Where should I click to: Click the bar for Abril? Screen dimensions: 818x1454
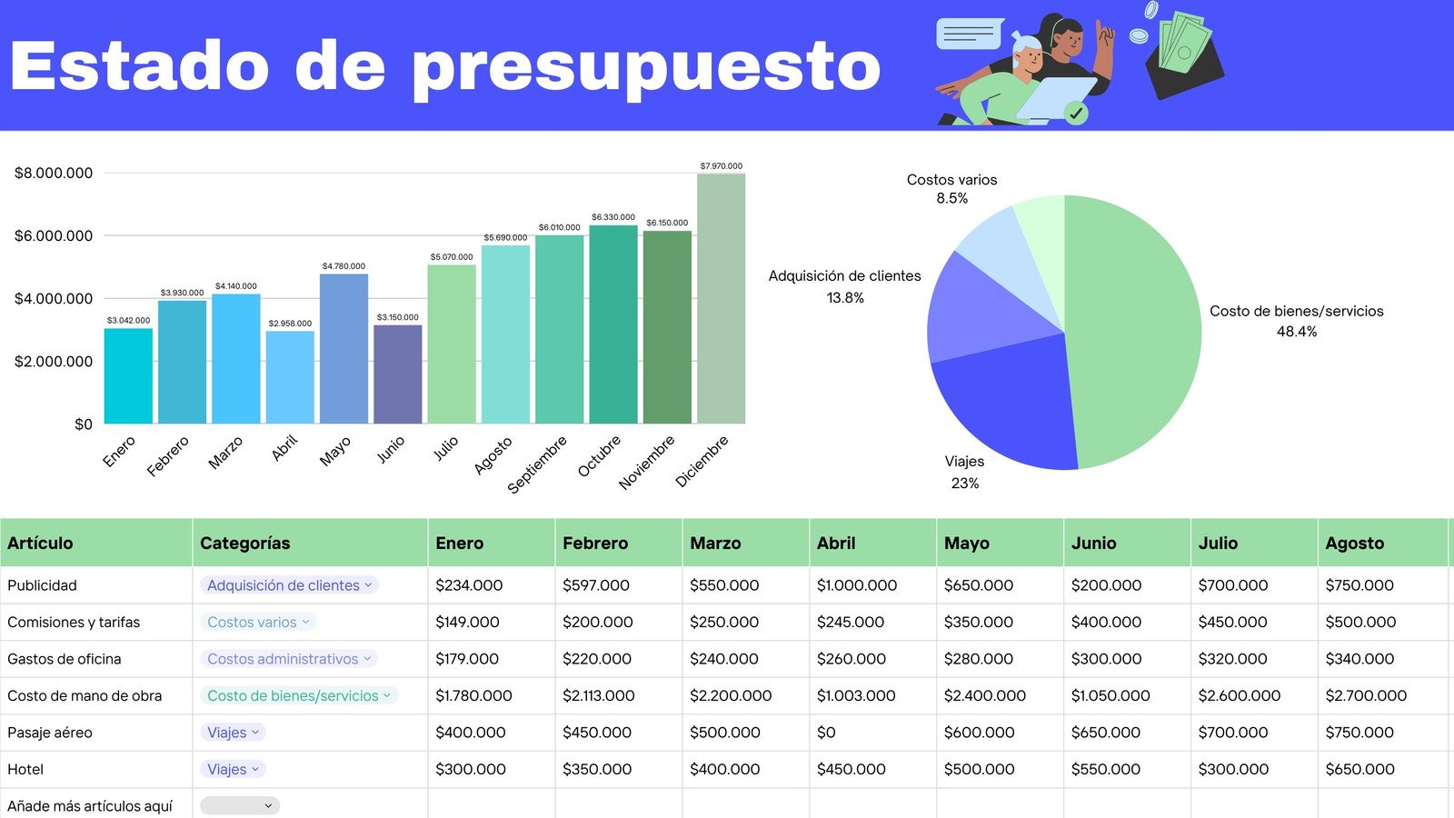tap(290, 377)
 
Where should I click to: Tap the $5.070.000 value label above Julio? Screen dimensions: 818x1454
tap(452, 257)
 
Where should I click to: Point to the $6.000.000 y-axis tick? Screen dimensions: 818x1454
tap(54, 235)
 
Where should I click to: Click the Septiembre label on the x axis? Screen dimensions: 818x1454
tap(537, 464)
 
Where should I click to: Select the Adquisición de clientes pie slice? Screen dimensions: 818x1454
tap(981, 309)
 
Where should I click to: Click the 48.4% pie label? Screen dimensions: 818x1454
tap(1296, 332)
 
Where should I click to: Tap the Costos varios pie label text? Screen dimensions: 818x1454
tap(951, 180)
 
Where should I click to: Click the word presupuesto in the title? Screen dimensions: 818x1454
tap(646, 67)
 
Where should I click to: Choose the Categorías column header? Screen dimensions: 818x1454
tap(245, 544)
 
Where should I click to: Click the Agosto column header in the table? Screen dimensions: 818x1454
tap(1354, 544)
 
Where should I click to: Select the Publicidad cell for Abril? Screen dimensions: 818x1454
tap(856, 585)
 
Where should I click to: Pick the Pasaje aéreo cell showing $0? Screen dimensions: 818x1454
tap(826, 733)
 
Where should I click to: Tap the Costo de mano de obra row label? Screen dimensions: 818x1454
tap(85, 696)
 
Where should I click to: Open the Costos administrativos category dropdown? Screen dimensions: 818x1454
tap(289, 659)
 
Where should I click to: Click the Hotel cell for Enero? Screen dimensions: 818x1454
tap(471, 769)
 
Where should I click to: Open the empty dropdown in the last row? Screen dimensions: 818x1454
tap(240, 805)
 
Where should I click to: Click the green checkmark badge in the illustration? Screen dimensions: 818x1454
tap(1076, 113)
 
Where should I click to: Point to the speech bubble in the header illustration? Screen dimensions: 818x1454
tap(969, 35)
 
